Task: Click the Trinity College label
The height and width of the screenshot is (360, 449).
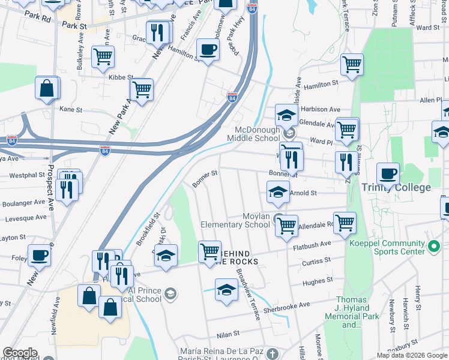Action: click(x=396, y=187)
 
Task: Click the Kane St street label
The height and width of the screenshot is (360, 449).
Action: click(x=71, y=109)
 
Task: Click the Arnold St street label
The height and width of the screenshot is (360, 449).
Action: click(x=303, y=193)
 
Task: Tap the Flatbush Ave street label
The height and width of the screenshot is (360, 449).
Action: click(x=312, y=245)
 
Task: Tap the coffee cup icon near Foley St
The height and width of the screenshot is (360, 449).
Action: click(x=40, y=255)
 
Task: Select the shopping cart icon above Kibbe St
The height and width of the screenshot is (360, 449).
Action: click(x=103, y=57)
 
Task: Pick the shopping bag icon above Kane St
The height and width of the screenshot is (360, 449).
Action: click(x=47, y=89)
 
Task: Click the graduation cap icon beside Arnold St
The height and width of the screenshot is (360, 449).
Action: click(x=278, y=192)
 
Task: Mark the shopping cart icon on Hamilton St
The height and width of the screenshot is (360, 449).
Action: click(x=352, y=65)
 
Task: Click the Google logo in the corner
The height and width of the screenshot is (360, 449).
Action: click(x=19, y=353)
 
